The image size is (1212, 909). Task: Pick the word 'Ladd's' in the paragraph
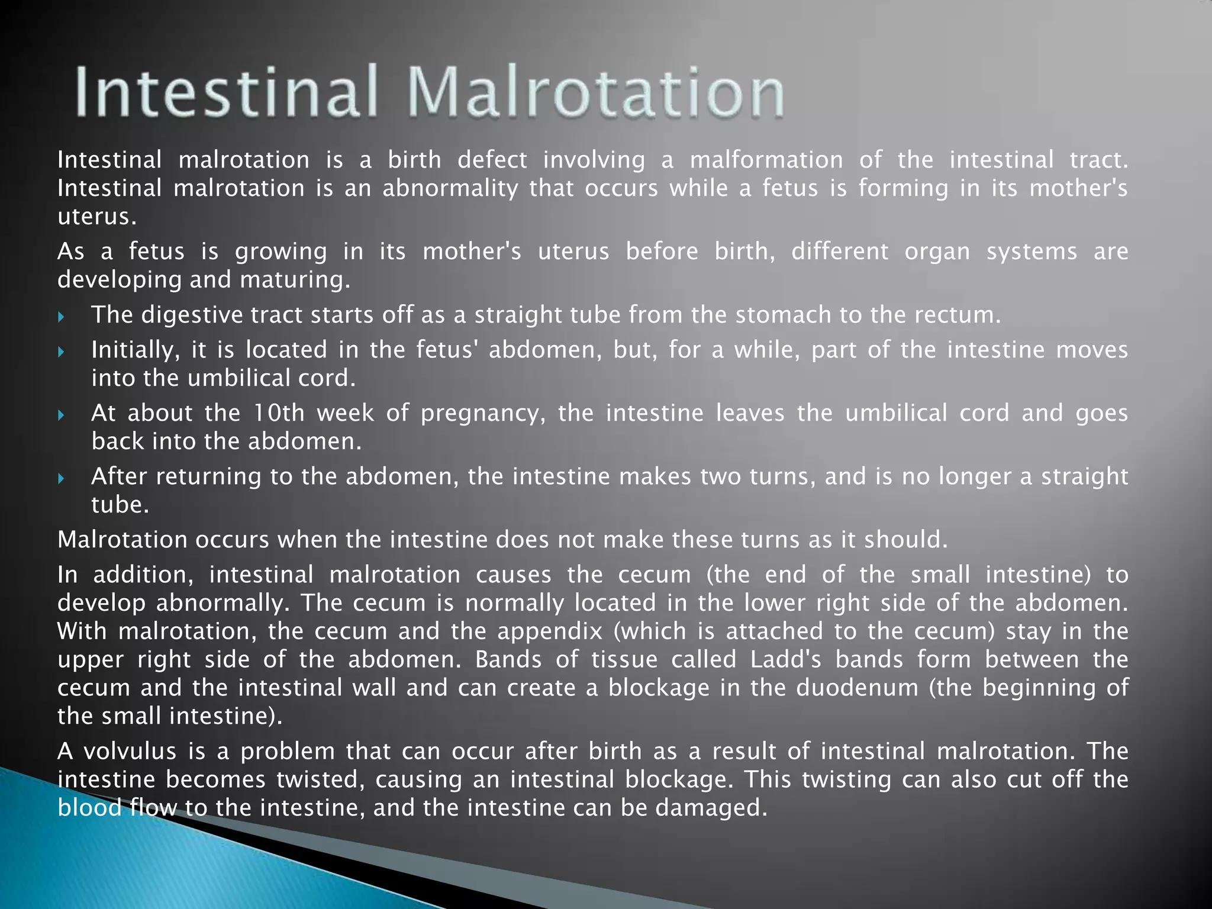[785, 659]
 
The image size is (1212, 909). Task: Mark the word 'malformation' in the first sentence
[766, 160]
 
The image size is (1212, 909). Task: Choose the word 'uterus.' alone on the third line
[97, 217]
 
